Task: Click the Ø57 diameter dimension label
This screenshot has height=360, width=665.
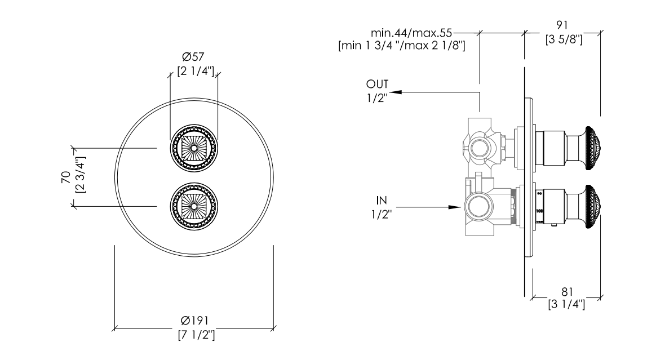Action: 193,56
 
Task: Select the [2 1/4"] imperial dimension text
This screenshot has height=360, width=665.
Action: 196,71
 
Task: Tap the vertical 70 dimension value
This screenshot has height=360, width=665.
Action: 66,177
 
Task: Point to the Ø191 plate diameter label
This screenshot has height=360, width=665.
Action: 194,321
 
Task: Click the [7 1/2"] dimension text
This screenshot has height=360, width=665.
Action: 196,335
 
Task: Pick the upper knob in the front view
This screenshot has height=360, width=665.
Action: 194,148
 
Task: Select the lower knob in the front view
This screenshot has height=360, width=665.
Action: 194,207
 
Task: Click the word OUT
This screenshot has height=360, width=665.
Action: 377,84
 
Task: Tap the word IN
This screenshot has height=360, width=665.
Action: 382,200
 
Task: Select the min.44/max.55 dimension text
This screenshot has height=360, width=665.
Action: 411,32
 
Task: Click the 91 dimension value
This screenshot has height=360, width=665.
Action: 562,25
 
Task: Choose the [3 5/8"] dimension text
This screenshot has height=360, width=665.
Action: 564,39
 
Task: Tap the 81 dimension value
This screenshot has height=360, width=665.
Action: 567,292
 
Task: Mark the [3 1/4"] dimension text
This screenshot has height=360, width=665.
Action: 566,304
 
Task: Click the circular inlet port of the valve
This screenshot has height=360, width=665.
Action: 479,207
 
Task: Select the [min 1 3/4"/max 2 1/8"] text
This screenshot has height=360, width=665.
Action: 402,46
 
